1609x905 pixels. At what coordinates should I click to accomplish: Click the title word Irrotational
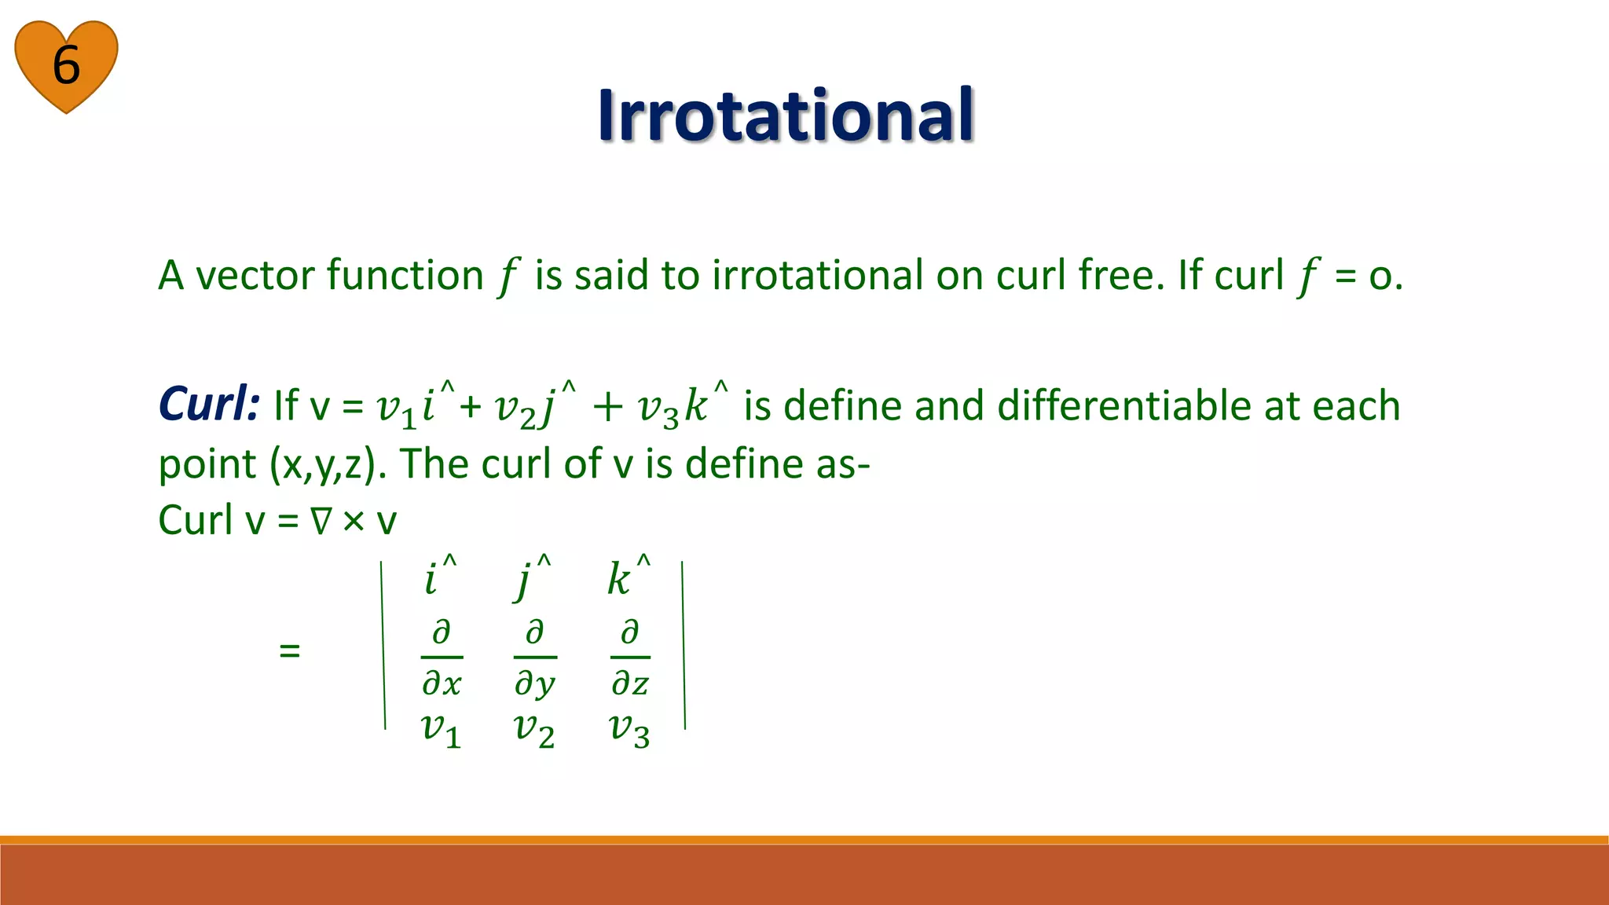785,115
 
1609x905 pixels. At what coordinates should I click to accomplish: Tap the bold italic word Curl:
208,405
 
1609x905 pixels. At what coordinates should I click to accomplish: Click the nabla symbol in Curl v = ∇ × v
321,522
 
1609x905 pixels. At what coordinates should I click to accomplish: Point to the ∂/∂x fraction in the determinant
442,658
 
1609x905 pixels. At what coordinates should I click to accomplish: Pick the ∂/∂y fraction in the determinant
535,658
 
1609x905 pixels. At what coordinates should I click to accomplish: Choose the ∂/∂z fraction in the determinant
630,658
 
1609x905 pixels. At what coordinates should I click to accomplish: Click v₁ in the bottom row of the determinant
441,730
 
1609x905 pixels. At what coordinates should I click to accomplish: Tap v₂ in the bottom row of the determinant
534,730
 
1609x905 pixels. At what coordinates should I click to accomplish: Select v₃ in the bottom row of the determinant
629,730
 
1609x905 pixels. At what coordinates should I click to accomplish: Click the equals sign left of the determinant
290,650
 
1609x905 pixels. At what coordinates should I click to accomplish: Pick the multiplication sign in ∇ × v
354,522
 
